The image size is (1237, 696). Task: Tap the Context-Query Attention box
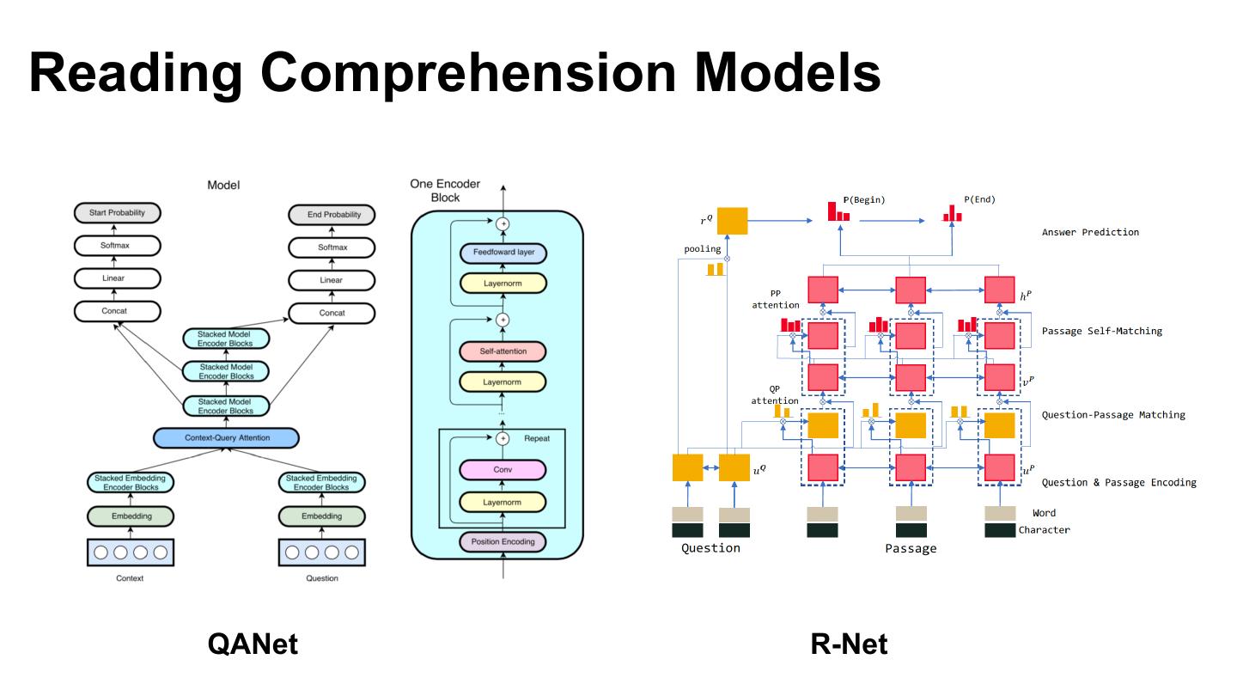pyautogui.click(x=227, y=438)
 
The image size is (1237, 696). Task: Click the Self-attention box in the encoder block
pyautogui.click(x=503, y=351)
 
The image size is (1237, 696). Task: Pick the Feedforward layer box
pyautogui.click(x=503, y=253)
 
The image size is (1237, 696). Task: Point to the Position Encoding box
pyautogui.click(x=503, y=541)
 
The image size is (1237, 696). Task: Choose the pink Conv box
pyautogui.click(x=503, y=470)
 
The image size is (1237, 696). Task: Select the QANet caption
pyautogui.click(x=253, y=644)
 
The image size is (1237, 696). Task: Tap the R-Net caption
pyautogui.click(x=849, y=644)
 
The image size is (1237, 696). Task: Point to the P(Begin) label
pyautogui.click(x=864, y=200)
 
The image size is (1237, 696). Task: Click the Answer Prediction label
pyautogui.click(x=1090, y=233)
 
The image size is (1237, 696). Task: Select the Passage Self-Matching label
pyautogui.click(x=1101, y=331)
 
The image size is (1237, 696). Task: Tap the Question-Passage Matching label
pyautogui.click(x=1113, y=415)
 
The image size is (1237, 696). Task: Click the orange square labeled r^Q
pyautogui.click(x=732, y=222)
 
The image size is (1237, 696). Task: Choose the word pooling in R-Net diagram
pyautogui.click(x=702, y=249)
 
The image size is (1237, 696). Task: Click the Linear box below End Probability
pyautogui.click(x=332, y=280)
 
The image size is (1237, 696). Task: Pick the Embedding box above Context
pyautogui.click(x=131, y=516)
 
